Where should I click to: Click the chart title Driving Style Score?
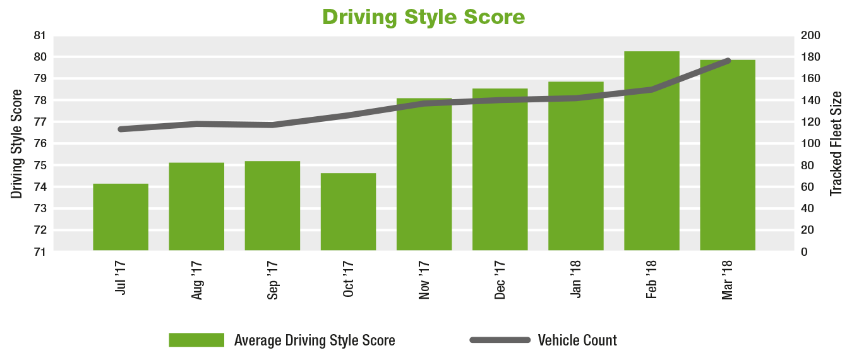[x=423, y=16]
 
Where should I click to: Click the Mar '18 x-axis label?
[x=728, y=281]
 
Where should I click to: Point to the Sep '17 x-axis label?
[x=273, y=281]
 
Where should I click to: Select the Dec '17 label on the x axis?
[x=500, y=281]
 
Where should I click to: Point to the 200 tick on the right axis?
[x=811, y=35]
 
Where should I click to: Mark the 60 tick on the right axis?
[x=808, y=187]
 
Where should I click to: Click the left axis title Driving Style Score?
[x=17, y=144]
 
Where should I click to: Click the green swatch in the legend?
[x=196, y=340]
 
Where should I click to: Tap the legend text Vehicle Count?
[x=577, y=340]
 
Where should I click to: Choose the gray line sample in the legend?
[x=500, y=340]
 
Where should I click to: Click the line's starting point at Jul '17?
[x=121, y=129]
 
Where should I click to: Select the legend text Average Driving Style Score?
[x=315, y=340]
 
